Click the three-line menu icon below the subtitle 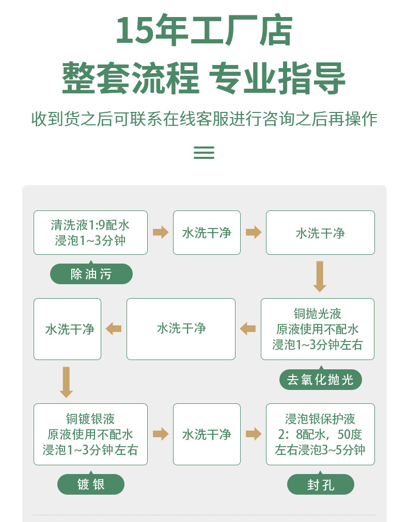tap(203, 152)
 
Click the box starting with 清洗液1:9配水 tap(90, 233)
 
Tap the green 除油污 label tap(91, 274)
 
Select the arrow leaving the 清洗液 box tap(161, 233)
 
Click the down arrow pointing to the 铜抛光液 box tap(320, 276)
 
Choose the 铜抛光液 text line tap(317, 314)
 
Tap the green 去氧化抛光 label tap(320, 380)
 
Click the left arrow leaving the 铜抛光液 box tap(248, 329)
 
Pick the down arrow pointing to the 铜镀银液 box tap(66, 382)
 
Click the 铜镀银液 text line tap(90, 419)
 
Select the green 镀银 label tap(91, 484)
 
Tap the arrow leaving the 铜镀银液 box tap(161, 434)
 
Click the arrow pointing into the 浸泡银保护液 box tap(254, 434)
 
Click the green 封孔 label tap(321, 485)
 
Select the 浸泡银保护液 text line tap(320, 419)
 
